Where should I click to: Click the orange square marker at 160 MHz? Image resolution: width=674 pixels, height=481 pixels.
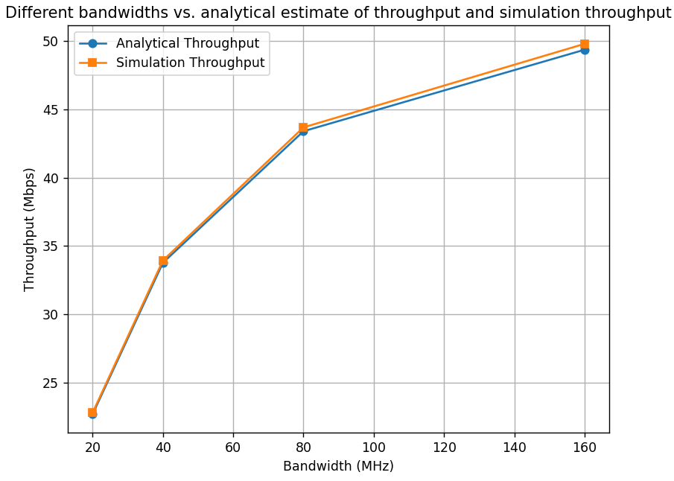tap(585, 44)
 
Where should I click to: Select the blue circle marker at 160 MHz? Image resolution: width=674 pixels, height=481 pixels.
tap(585, 50)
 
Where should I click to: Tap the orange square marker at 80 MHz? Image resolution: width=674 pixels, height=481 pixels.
tap(303, 127)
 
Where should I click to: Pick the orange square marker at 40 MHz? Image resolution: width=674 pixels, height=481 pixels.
tap(163, 261)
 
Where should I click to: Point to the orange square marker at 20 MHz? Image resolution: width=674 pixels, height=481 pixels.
tap(92, 412)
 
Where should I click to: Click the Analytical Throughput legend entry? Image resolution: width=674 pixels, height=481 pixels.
tap(187, 44)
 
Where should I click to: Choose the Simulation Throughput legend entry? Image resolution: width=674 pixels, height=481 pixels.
tap(190, 63)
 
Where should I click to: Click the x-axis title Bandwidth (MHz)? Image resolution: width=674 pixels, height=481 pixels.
tap(338, 467)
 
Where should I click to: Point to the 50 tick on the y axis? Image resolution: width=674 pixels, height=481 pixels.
tap(50, 42)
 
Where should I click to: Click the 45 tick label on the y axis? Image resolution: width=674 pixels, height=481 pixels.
tap(50, 110)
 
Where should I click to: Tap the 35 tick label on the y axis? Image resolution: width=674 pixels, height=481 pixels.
tap(50, 246)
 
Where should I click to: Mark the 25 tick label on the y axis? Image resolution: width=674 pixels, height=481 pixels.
tap(50, 383)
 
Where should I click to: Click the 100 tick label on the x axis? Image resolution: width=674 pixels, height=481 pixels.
tap(374, 447)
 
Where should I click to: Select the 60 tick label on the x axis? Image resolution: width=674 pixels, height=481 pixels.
tap(233, 447)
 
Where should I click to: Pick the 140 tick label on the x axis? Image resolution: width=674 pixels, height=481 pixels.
tap(515, 447)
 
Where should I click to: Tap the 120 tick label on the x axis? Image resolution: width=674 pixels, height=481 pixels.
tap(444, 447)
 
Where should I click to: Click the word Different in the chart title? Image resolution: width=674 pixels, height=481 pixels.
tap(35, 13)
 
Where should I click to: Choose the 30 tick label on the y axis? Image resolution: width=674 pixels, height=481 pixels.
tap(50, 315)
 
